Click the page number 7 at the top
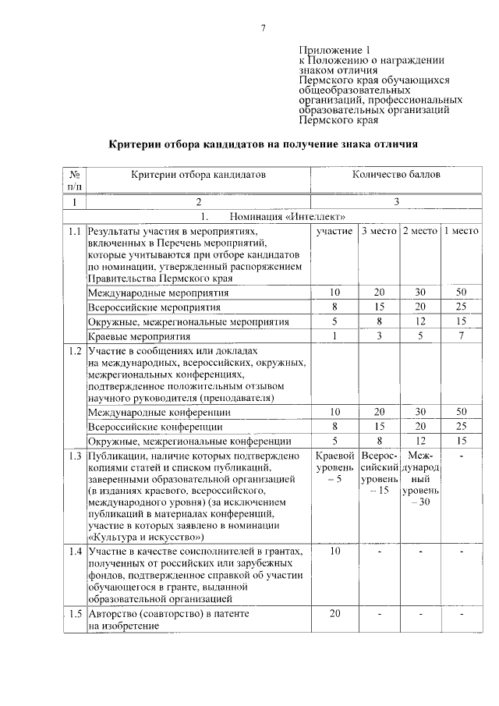[264, 29]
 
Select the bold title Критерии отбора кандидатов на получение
[264, 144]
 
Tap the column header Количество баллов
[396, 174]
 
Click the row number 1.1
[74, 232]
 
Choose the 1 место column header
[461, 232]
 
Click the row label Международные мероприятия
[158, 293]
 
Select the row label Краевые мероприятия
[139, 336]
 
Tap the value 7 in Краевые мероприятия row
[461, 336]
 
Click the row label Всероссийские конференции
[155, 427]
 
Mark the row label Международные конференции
[158, 412]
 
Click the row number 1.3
[74, 456]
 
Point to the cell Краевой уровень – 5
[334, 467]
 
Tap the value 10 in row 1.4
[334, 552]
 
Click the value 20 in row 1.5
[334, 613]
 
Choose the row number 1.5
[74, 613]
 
